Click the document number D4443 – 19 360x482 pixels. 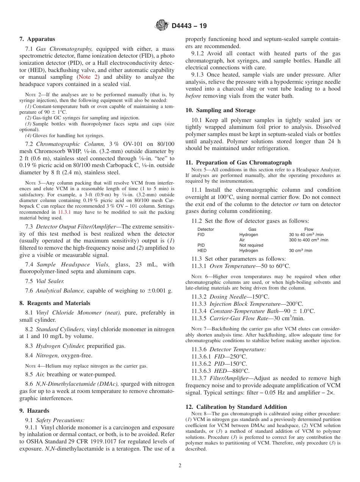(189, 26)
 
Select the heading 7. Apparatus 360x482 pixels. (37, 39)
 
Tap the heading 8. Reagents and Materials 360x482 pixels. (55, 303)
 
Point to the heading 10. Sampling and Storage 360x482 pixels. (220, 110)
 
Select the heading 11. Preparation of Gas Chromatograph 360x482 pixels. (238, 162)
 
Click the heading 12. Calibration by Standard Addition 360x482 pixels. (236, 407)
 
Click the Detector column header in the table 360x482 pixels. (205, 229)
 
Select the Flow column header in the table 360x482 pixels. (308, 229)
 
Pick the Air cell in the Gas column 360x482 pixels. (242, 240)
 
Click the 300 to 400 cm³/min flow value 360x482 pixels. (308, 240)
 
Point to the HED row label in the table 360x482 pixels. (202, 250)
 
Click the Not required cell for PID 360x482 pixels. (251, 245)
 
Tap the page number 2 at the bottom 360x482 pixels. (180, 466)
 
